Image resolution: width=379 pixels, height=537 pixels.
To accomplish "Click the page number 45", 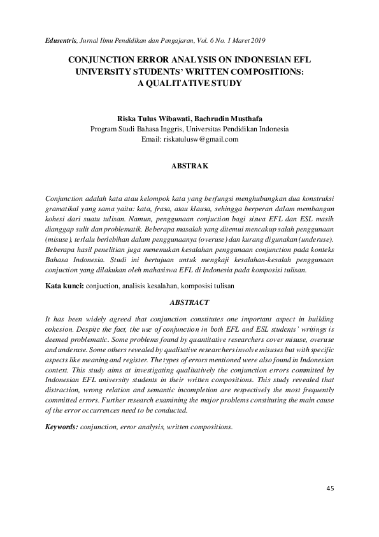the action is coord(329,489).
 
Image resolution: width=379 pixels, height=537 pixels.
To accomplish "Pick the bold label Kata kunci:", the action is coord(64,286).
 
